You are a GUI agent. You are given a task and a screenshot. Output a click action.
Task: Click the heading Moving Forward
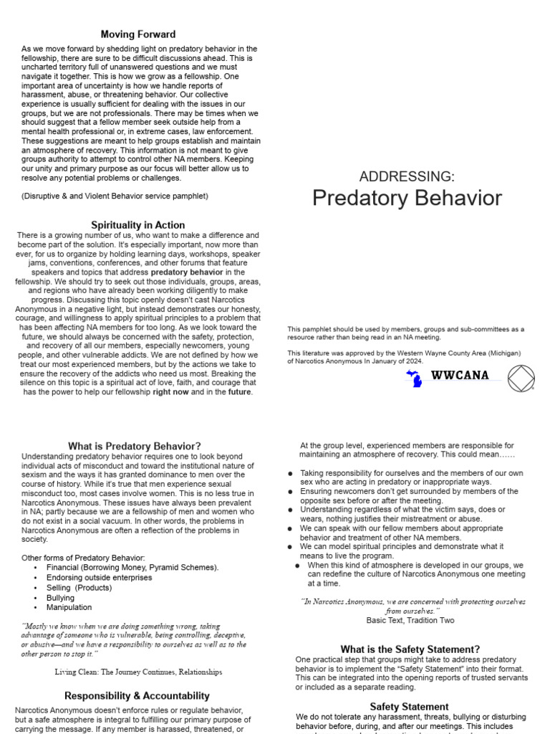click(x=137, y=34)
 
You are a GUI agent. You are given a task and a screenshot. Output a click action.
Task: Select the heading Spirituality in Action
click(x=137, y=225)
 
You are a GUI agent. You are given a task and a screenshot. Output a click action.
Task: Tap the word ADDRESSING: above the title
click(x=406, y=176)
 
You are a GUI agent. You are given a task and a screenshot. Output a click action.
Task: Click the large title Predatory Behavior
click(x=407, y=199)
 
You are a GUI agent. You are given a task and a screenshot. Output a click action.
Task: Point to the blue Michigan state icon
click(x=414, y=378)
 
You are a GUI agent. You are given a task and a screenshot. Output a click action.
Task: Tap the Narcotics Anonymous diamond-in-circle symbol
click(x=521, y=378)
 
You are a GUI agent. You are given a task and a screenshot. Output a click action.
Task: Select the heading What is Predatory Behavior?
click(x=135, y=446)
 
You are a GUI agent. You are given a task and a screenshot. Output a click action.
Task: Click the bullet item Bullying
click(x=60, y=597)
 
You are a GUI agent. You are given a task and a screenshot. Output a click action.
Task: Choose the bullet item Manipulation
click(x=69, y=607)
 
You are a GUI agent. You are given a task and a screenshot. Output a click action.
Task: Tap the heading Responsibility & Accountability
click(x=137, y=695)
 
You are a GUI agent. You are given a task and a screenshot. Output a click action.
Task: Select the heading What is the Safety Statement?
click(x=410, y=649)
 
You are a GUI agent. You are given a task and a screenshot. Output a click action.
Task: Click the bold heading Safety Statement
click(x=410, y=706)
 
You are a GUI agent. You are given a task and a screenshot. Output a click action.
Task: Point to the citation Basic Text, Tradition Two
click(x=410, y=620)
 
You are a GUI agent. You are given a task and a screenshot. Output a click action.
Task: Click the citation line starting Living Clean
click(x=137, y=672)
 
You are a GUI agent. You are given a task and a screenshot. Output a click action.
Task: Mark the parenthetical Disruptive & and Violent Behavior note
click(x=115, y=196)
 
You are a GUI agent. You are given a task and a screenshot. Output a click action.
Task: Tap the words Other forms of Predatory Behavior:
click(x=83, y=557)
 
